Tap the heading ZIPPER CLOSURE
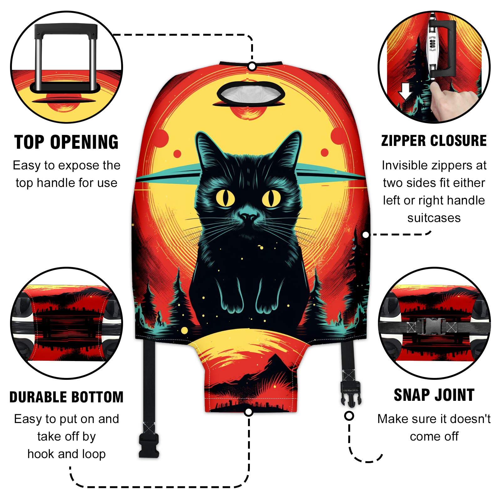434,141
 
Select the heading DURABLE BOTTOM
66,397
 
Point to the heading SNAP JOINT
434,395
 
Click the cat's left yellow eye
225,198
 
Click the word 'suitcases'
434,218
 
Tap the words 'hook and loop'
66,454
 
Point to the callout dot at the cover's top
252,66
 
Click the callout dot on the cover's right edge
366,235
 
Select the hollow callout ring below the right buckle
349,416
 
